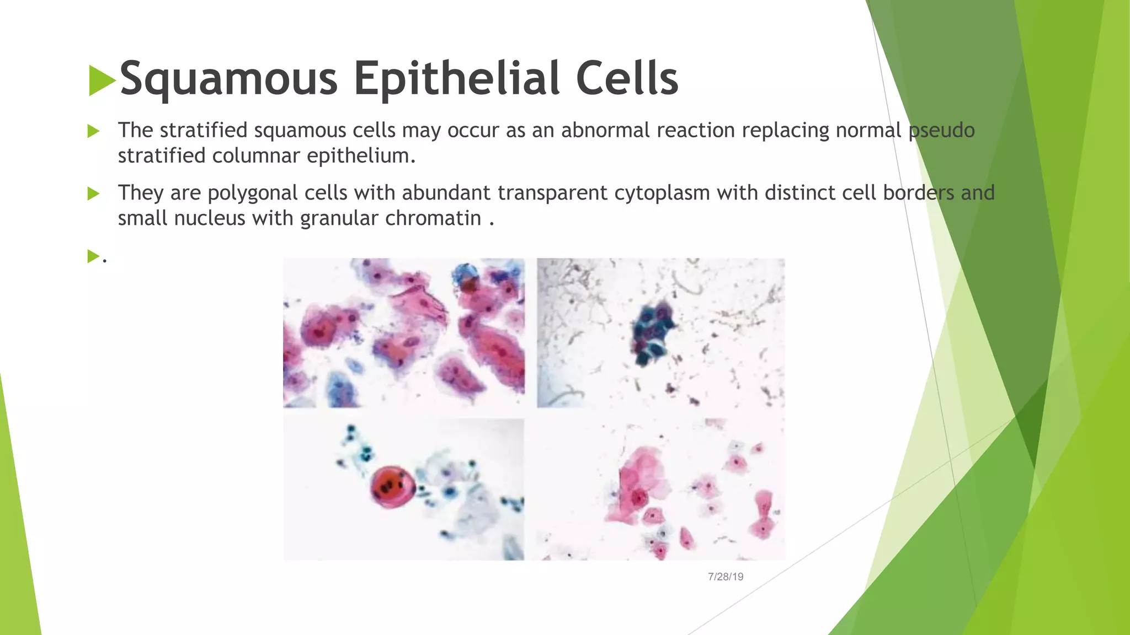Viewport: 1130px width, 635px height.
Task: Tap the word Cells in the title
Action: pyautogui.click(x=627, y=79)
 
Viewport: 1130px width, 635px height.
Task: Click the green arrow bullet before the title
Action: pyautogui.click(x=102, y=80)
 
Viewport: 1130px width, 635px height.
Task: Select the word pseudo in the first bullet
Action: pyautogui.click(x=941, y=131)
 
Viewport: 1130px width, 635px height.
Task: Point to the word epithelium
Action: pyautogui.click(x=360, y=157)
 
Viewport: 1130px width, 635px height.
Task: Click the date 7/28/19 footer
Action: pyautogui.click(x=726, y=577)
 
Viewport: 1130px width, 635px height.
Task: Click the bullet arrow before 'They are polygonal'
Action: pyautogui.click(x=93, y=193)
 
